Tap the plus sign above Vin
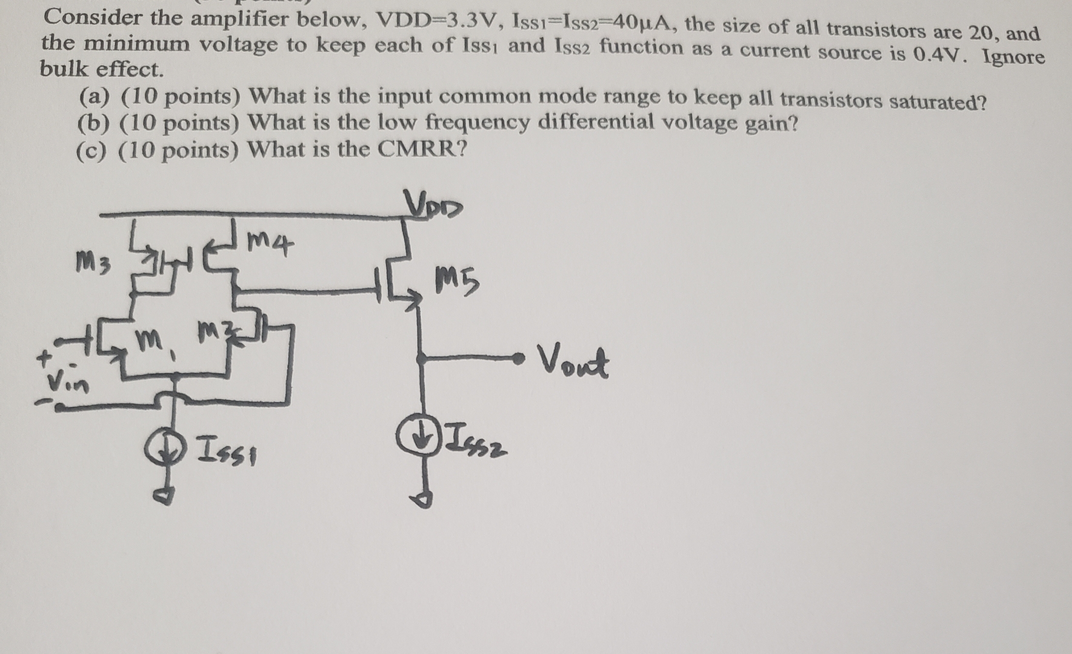coord(43,360)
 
